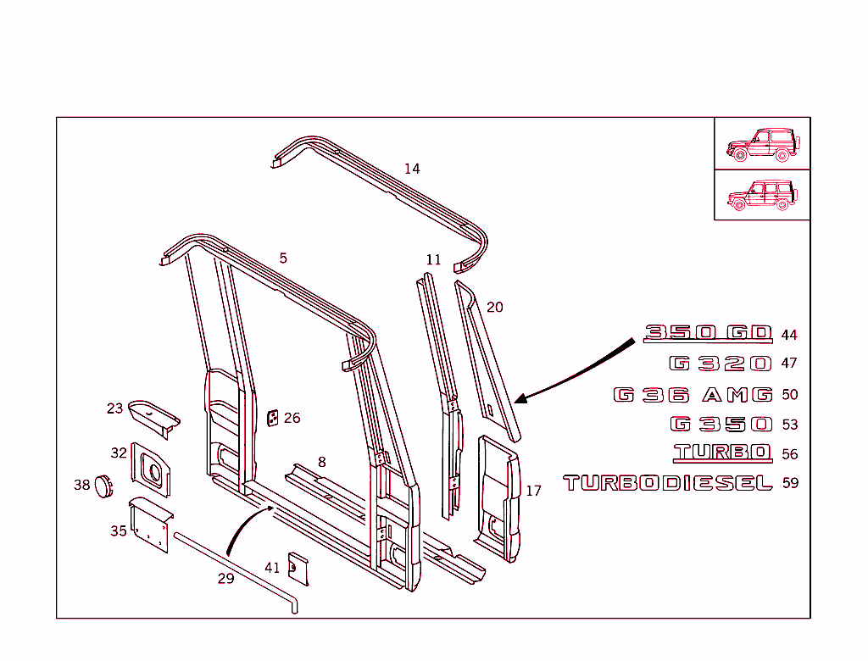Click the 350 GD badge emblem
tap(709, 333)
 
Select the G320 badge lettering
tap(721, 364)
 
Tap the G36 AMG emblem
tap(693, 395)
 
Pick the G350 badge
tap(721, 425)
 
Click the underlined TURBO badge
tap(722, 453)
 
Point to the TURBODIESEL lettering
tap(668, 483)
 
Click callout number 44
tap(789, 336)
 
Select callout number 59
tap(789, 484)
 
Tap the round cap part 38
tap(103, 486)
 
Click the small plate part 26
tap(274, 419)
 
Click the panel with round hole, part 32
tap(150, 469)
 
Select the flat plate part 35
tap(148, 525)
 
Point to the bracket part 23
tap(154, 416)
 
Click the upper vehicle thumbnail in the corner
tap(761, 145)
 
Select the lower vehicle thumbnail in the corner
tap(761, 195)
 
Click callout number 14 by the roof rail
tap(412, 169)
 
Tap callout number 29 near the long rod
tap(225, 579)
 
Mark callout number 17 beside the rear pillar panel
tap(533, 492)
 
